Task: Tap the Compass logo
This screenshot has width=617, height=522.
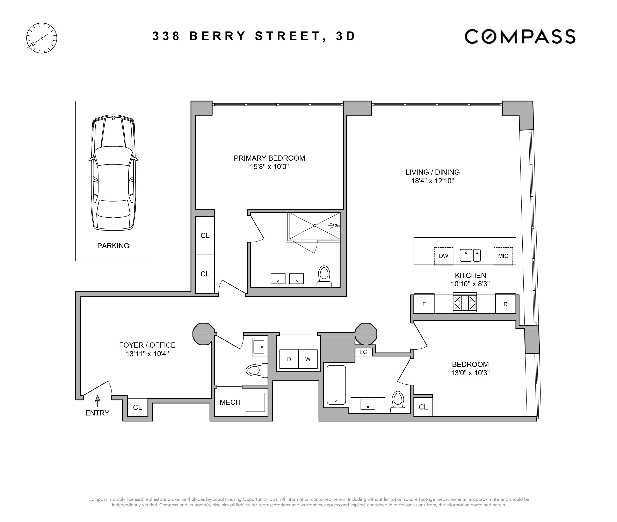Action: click(x=520, y=36)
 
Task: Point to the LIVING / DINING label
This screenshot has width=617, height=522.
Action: click(x=432, y=172)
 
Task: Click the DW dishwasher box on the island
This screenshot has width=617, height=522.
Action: click(x=444, y=256)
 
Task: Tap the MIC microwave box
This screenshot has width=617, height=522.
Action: click(x=503, y=256)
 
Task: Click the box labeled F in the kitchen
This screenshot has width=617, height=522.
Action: click(x=424, y=304)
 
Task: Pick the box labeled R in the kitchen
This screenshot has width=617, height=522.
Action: click(x=506, y=304)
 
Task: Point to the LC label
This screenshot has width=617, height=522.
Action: click(x=363, y=352)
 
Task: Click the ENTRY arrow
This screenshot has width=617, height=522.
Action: click(x=97, y=401)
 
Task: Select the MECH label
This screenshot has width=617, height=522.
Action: click(x=230, y=403)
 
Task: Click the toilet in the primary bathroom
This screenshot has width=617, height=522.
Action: click(x=324, y=277)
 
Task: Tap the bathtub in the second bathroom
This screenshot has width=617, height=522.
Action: click(x=336, y=385)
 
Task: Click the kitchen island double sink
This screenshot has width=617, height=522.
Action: click(x=470, y=255)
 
